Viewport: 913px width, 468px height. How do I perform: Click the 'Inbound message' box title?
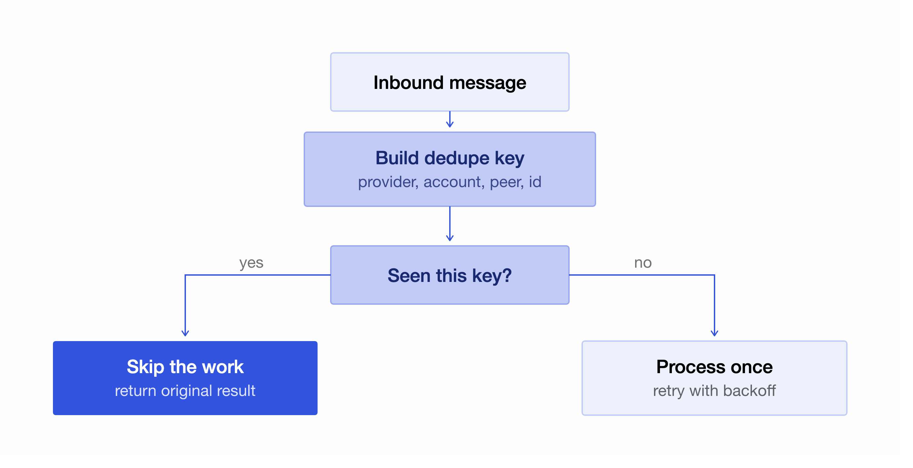click(x=450, y=83)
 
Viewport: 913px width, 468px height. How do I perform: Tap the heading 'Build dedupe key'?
click(x=450, y=158)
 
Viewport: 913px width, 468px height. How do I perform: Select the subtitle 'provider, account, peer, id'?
click(x=450, y=182)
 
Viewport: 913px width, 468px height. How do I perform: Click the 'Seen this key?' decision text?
click(x=450, y=275)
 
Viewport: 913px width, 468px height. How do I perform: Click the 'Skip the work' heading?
click(x=185, y=367)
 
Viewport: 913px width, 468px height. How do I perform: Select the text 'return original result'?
click(x=185, y=391)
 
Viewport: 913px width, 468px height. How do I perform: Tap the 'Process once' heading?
click(x=714, y=367)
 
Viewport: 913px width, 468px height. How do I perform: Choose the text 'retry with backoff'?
click(x=714, y=391)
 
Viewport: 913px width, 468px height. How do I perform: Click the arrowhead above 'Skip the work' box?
click(x=185, y=333)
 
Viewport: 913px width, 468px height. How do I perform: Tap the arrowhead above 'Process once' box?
click(x=714, y=333)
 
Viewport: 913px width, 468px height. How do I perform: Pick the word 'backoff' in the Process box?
click(x=749, y=391)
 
